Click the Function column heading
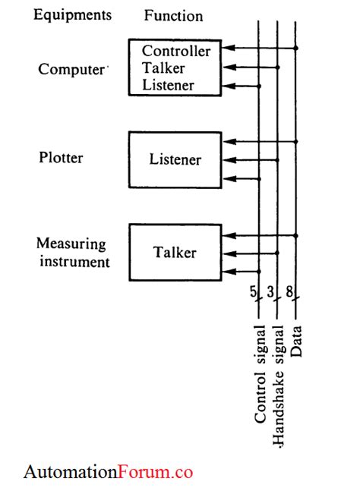pos(173,15)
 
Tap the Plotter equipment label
pos(61,158)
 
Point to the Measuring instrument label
pos(73,253)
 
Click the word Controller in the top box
pos(176,51)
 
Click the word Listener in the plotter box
pos(175,160)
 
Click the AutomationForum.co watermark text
pos(108,473)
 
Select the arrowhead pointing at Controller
pos(227,49)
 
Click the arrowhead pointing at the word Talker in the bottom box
pos(227,254)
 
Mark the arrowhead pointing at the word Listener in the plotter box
pos(227,160)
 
